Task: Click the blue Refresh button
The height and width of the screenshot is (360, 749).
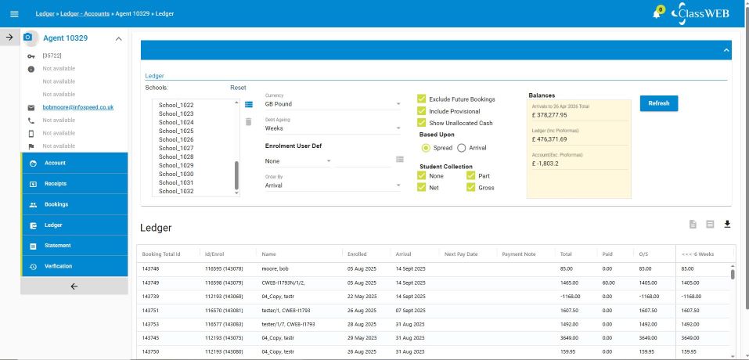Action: point(659,103)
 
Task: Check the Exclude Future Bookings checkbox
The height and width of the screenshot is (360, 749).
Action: point(422,99)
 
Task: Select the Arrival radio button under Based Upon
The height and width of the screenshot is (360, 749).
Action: point(462,147)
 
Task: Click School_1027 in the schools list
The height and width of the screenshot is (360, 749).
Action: point(176,148)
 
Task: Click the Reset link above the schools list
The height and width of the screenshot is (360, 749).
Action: point(238,88)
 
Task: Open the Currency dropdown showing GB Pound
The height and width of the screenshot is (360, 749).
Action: point(333,104)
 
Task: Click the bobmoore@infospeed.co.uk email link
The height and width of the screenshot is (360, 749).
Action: point(78,107)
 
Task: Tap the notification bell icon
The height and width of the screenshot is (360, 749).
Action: point(657,14)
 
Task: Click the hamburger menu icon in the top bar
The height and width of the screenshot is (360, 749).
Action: point(14,14)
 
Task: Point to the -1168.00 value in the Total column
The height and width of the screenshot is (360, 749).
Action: point(571,296)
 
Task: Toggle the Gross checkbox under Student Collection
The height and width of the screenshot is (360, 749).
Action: point(471,188)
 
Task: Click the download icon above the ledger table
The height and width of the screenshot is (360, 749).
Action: point(727,225)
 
